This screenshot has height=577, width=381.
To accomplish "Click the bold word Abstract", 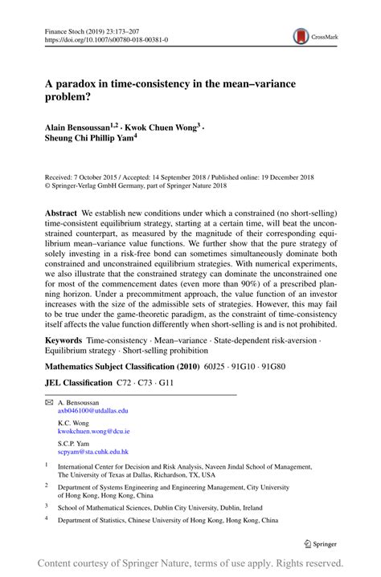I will tap(60, 205).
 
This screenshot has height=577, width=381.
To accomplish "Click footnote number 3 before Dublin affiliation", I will tap(47, 506).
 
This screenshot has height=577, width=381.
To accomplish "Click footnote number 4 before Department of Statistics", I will tap(47, 519).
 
